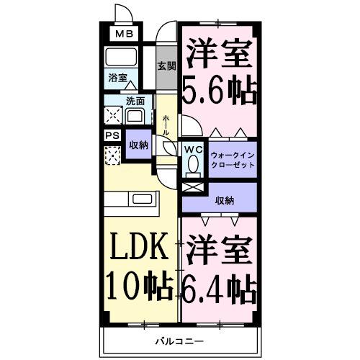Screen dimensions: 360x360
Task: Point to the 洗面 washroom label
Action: [135, 101]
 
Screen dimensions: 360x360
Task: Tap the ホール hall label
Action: [166, 125]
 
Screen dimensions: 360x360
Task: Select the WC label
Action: [193, 149]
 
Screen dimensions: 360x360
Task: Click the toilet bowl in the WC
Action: [193, 165]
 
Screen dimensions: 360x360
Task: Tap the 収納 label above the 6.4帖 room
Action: [224, 200]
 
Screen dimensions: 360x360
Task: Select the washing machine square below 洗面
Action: [114, 115]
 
